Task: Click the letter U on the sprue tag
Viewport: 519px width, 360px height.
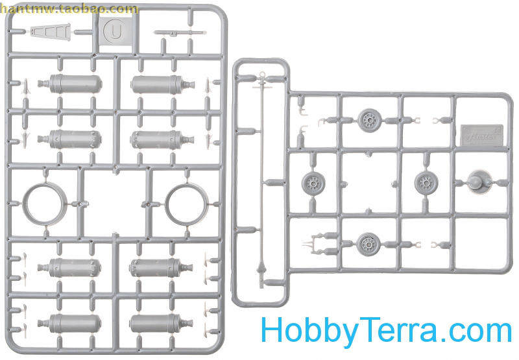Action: pyautogui.click(x=115, y=30)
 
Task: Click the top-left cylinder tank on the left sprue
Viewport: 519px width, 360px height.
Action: pyautogui.click(x=75, y=84)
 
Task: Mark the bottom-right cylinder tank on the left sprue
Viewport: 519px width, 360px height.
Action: pyautogui.click(x=156, y=322)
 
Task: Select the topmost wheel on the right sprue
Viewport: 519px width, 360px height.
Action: pyautogui.click(x=369, y=119)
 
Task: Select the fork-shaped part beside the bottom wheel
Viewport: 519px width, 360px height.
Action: pyautogui.click(x=314, y=244)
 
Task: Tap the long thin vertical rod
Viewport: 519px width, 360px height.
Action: pyautogui.click(x=262, y=175)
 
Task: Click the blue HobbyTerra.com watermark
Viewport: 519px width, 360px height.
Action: pyautogui.click(x=385, y=331)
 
